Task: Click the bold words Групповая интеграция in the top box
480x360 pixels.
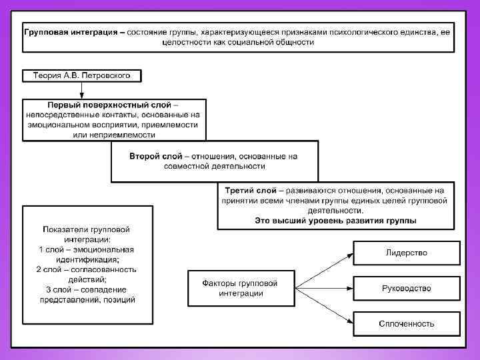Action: (67, 31)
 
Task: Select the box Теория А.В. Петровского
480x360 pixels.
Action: (83, 75)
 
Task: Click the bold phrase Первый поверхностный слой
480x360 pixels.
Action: (109, 105)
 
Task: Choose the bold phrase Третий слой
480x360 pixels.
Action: (250, 190)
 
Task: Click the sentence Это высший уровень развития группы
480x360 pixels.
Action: (336, 221)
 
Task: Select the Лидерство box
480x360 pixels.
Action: (406, 253)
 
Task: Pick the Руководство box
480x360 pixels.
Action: (406, 288)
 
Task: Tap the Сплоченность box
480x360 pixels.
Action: (406, 323)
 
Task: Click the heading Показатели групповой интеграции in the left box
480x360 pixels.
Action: (87, 233)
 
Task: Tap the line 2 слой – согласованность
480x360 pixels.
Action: (87, 269)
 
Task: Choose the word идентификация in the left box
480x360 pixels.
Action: (87, 259)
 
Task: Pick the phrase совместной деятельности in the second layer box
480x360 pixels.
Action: (213, 166)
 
